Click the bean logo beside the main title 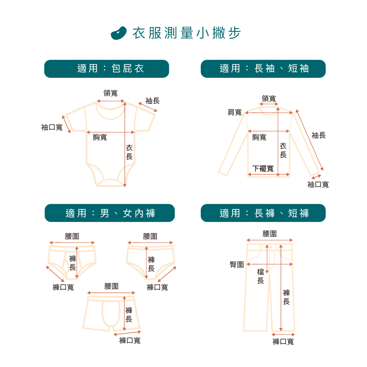(119, 33)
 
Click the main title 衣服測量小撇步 (186, 33)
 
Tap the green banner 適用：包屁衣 (106, 69)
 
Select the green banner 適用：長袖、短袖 (263, 69)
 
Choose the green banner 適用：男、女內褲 (110, 213)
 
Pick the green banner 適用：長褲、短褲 (263, 213)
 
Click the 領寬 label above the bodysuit (110, 93)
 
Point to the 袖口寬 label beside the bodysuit (52, 127)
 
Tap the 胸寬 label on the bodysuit (100, 138)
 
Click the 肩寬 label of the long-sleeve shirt (235, 112)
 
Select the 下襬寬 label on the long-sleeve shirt (263, 169)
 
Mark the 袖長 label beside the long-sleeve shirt (319, 135)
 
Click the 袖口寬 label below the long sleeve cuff (318, 185)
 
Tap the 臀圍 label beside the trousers (237, 264)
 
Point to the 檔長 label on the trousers (261, 276)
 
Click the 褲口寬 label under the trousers (283, 342)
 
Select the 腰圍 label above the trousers (270, 234)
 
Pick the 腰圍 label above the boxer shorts (111, 286)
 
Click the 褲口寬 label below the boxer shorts (130, 341)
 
